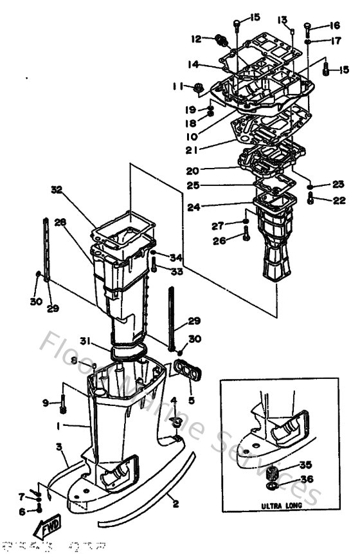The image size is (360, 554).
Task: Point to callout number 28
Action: [x=60, y=222]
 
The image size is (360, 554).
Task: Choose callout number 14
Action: [x=194, y=64]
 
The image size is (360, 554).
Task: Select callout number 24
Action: [x=193, y=207]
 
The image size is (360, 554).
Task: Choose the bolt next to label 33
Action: [x=154, y=263]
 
